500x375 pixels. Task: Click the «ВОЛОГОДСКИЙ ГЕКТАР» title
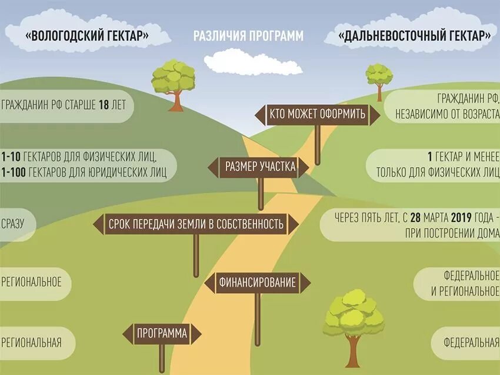point(87,35)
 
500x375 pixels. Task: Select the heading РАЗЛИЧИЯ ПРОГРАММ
point(249,36)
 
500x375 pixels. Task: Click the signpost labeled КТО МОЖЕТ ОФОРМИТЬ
point(317,114)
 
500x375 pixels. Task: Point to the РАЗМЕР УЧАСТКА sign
point(260,167)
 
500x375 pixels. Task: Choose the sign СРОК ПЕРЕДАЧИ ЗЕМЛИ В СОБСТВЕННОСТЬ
point(196,224)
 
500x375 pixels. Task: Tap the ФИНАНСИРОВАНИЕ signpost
point(257,283)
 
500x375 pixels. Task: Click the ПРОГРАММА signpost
point(162,334)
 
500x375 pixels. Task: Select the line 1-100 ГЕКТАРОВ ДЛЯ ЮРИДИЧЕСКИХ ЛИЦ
point(84,172)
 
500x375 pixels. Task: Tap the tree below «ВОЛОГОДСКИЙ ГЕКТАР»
point(174,82)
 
